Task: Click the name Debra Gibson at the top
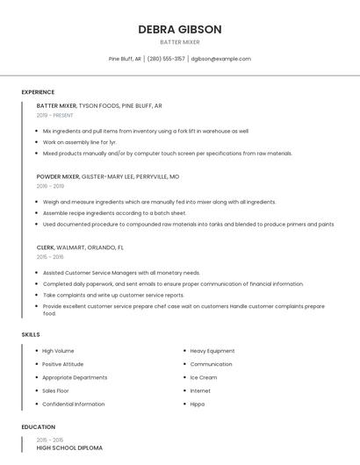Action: (179, 29)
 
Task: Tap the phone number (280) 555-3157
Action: (166, 59)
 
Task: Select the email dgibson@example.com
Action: (220, 59)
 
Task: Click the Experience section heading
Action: (38, 92)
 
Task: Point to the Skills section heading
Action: (31, 334)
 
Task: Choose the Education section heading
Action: (38, 427)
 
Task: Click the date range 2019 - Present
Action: (54, 115)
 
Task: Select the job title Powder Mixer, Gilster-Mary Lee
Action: (107, 176)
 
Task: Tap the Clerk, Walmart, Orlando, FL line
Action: (80, 247)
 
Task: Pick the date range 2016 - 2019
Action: (50, 186)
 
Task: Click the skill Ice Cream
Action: (204, 377)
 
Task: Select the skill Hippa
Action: (198, 404)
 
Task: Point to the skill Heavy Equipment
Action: (212, 351)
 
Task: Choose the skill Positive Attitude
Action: (62, 364)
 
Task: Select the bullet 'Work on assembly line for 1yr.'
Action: (79, 141)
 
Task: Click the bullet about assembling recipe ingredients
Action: (114, 212)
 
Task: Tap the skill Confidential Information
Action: (73, 404)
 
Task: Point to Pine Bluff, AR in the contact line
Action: (124, 59)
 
